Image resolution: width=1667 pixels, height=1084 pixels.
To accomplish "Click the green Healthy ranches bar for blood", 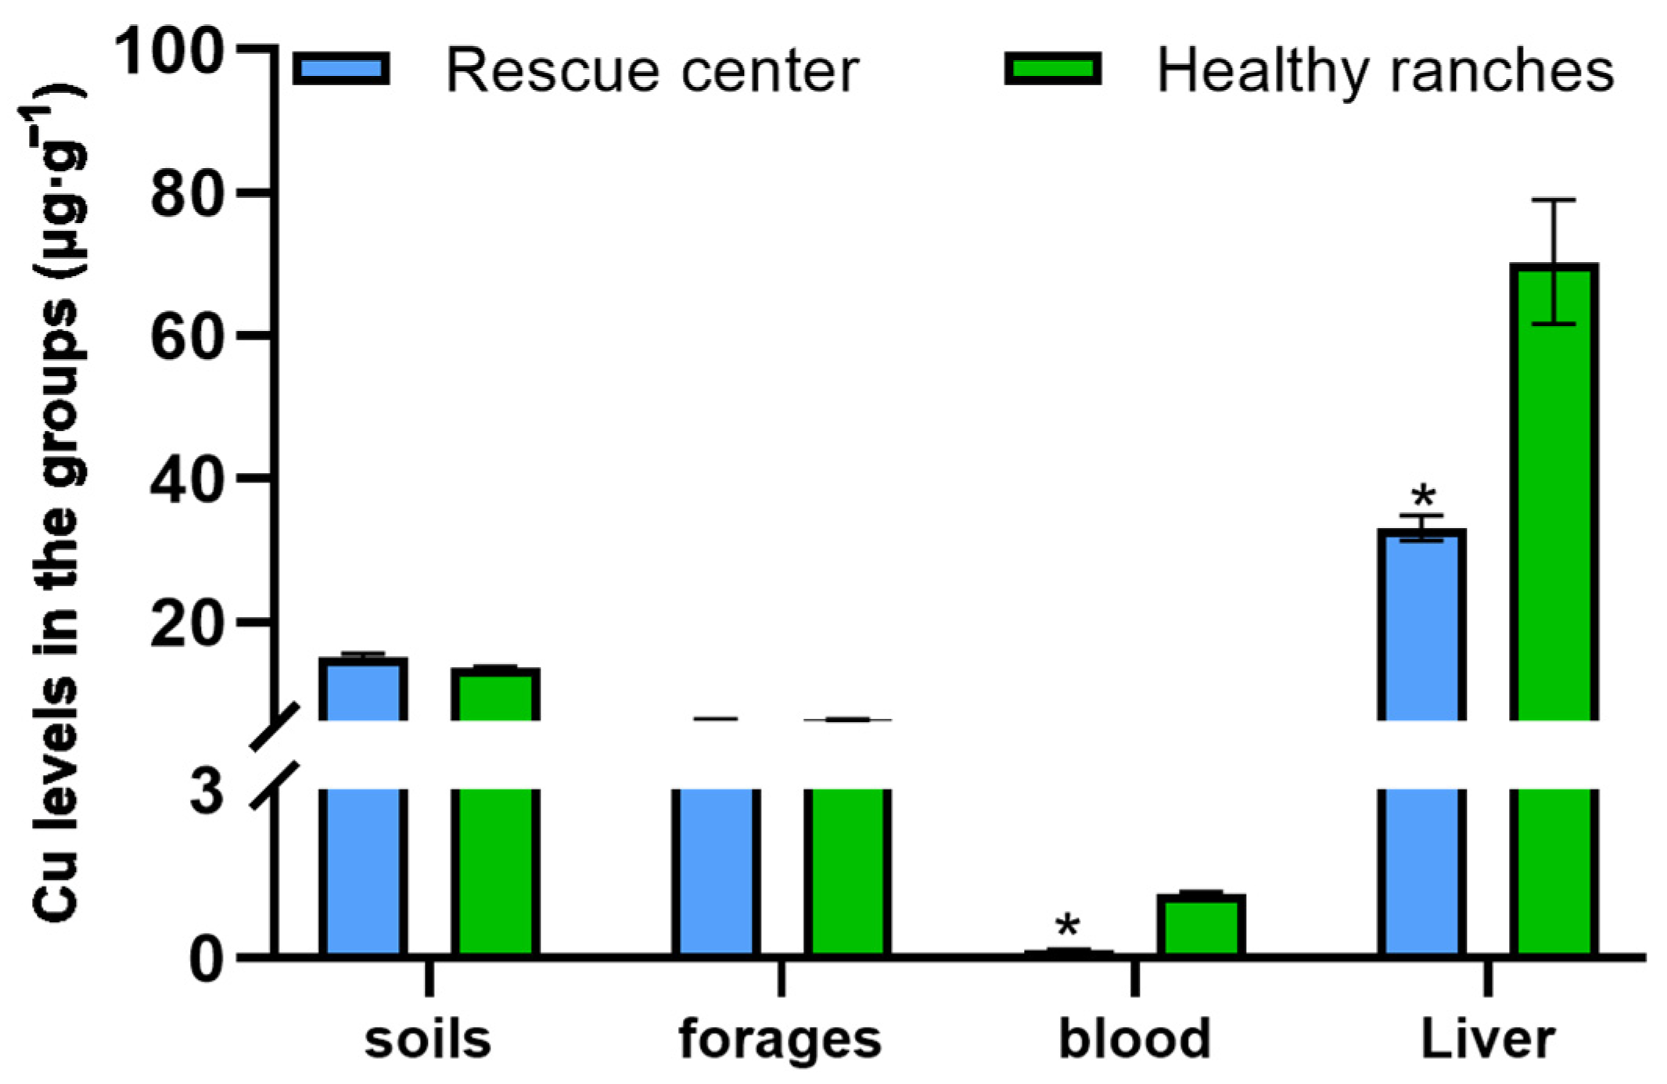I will point(1201,924).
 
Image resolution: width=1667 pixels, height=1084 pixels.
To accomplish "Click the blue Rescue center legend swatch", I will point(341,69).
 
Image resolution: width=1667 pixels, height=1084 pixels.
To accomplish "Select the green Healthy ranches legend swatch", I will point(1052,69).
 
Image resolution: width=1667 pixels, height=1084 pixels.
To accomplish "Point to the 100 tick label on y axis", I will point(169,52).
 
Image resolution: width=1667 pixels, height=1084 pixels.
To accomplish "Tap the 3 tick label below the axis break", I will point(207,791).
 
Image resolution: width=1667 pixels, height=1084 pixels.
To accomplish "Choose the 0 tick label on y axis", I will point(207,959).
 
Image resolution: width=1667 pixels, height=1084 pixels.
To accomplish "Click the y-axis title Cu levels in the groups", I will point(56,508).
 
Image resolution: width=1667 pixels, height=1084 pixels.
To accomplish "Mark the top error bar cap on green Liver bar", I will point(1554,200).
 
